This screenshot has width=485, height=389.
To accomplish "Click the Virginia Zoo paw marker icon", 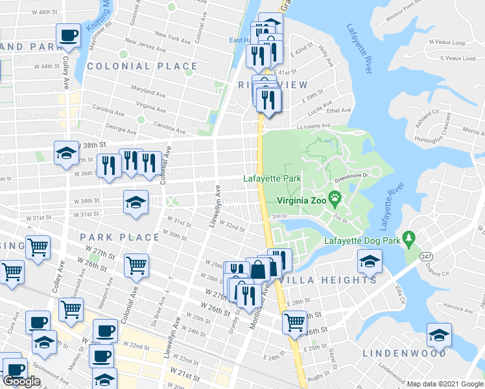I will [335, 197].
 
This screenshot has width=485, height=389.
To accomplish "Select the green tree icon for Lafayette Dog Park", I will [408, 239].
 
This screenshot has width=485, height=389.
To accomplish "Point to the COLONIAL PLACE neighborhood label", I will [142, 66].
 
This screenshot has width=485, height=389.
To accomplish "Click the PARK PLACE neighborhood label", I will [119, 237].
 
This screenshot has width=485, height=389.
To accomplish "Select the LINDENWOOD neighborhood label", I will [404, 353].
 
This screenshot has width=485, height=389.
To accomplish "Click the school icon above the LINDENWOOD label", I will [439, 335].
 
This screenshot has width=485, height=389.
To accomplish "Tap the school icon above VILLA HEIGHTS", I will [369, 261].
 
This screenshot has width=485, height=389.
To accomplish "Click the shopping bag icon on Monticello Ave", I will [258, 268].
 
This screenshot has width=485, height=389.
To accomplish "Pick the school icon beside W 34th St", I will [136, 203].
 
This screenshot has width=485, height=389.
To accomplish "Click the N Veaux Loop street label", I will [447, 43].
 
